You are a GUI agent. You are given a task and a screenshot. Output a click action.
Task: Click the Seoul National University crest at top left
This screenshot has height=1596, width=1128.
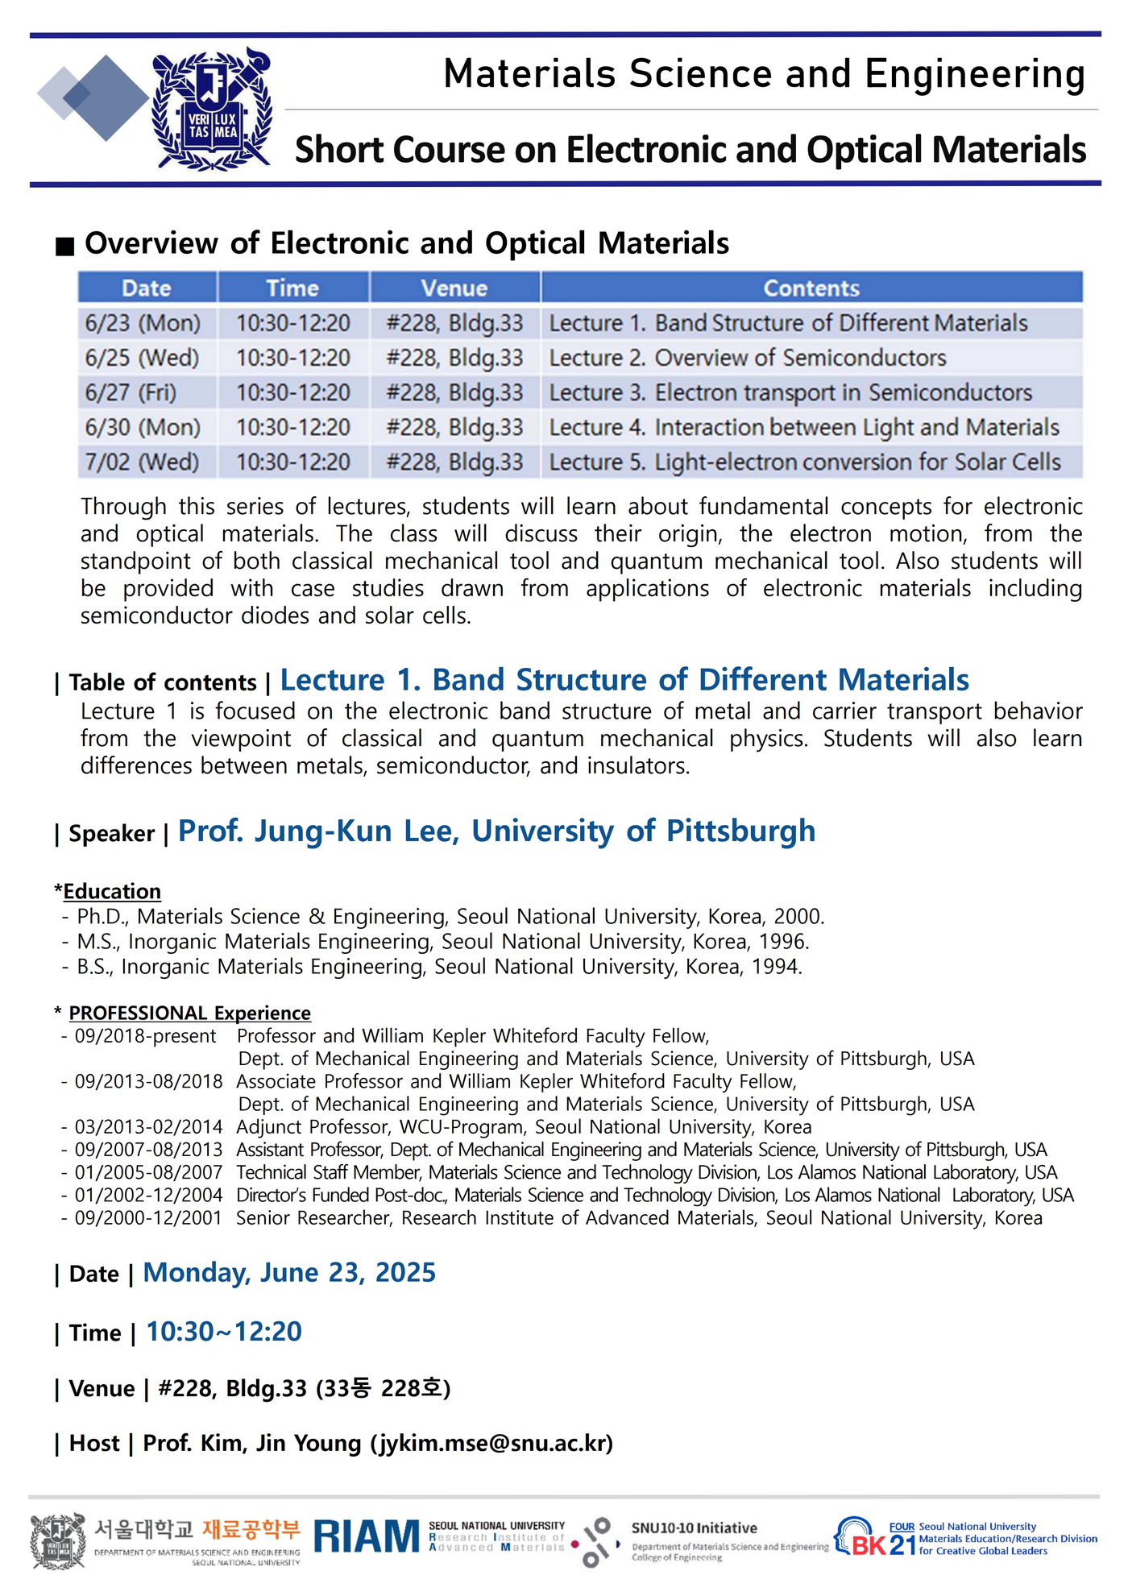pos(212,109)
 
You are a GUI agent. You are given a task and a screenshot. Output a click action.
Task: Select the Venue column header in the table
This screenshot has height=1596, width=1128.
pos(454,288)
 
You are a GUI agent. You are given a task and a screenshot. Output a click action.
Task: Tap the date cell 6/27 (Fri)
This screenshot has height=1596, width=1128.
pos(131,392)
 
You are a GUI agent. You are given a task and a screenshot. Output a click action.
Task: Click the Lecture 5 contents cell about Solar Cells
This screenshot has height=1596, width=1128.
pos(804,462)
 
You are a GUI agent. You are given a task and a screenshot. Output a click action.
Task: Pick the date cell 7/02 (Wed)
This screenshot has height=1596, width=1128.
pos(142,462)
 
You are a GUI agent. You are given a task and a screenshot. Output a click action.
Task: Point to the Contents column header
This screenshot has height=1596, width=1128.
pos(811,288)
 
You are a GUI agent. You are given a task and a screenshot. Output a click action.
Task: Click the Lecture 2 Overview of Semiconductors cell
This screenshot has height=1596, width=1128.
pos(747,358)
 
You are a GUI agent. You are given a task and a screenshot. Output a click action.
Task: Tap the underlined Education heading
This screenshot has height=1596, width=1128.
pos(112,891)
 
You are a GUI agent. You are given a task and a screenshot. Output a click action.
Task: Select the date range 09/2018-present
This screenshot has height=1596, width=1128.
pos(146,1036)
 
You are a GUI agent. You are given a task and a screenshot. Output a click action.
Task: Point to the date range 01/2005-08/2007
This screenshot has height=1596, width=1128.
pos(148,1172)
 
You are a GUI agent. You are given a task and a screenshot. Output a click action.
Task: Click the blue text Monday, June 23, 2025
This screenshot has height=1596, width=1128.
pos(289,1273)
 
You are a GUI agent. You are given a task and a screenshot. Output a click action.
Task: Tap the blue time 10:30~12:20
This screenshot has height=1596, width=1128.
pos(224,1332)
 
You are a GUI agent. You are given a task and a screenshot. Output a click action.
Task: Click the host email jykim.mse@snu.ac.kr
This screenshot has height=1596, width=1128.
pos(491,1443)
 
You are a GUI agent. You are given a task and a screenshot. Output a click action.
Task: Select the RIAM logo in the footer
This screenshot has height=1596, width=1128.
pos(367,1536)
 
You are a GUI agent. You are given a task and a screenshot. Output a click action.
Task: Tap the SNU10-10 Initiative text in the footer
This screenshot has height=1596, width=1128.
pos(694,1528)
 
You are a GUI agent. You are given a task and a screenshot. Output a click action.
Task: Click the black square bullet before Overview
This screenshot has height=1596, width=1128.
pos(64,246)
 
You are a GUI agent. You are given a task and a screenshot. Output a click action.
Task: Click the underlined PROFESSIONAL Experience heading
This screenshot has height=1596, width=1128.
pos(189,1013)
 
